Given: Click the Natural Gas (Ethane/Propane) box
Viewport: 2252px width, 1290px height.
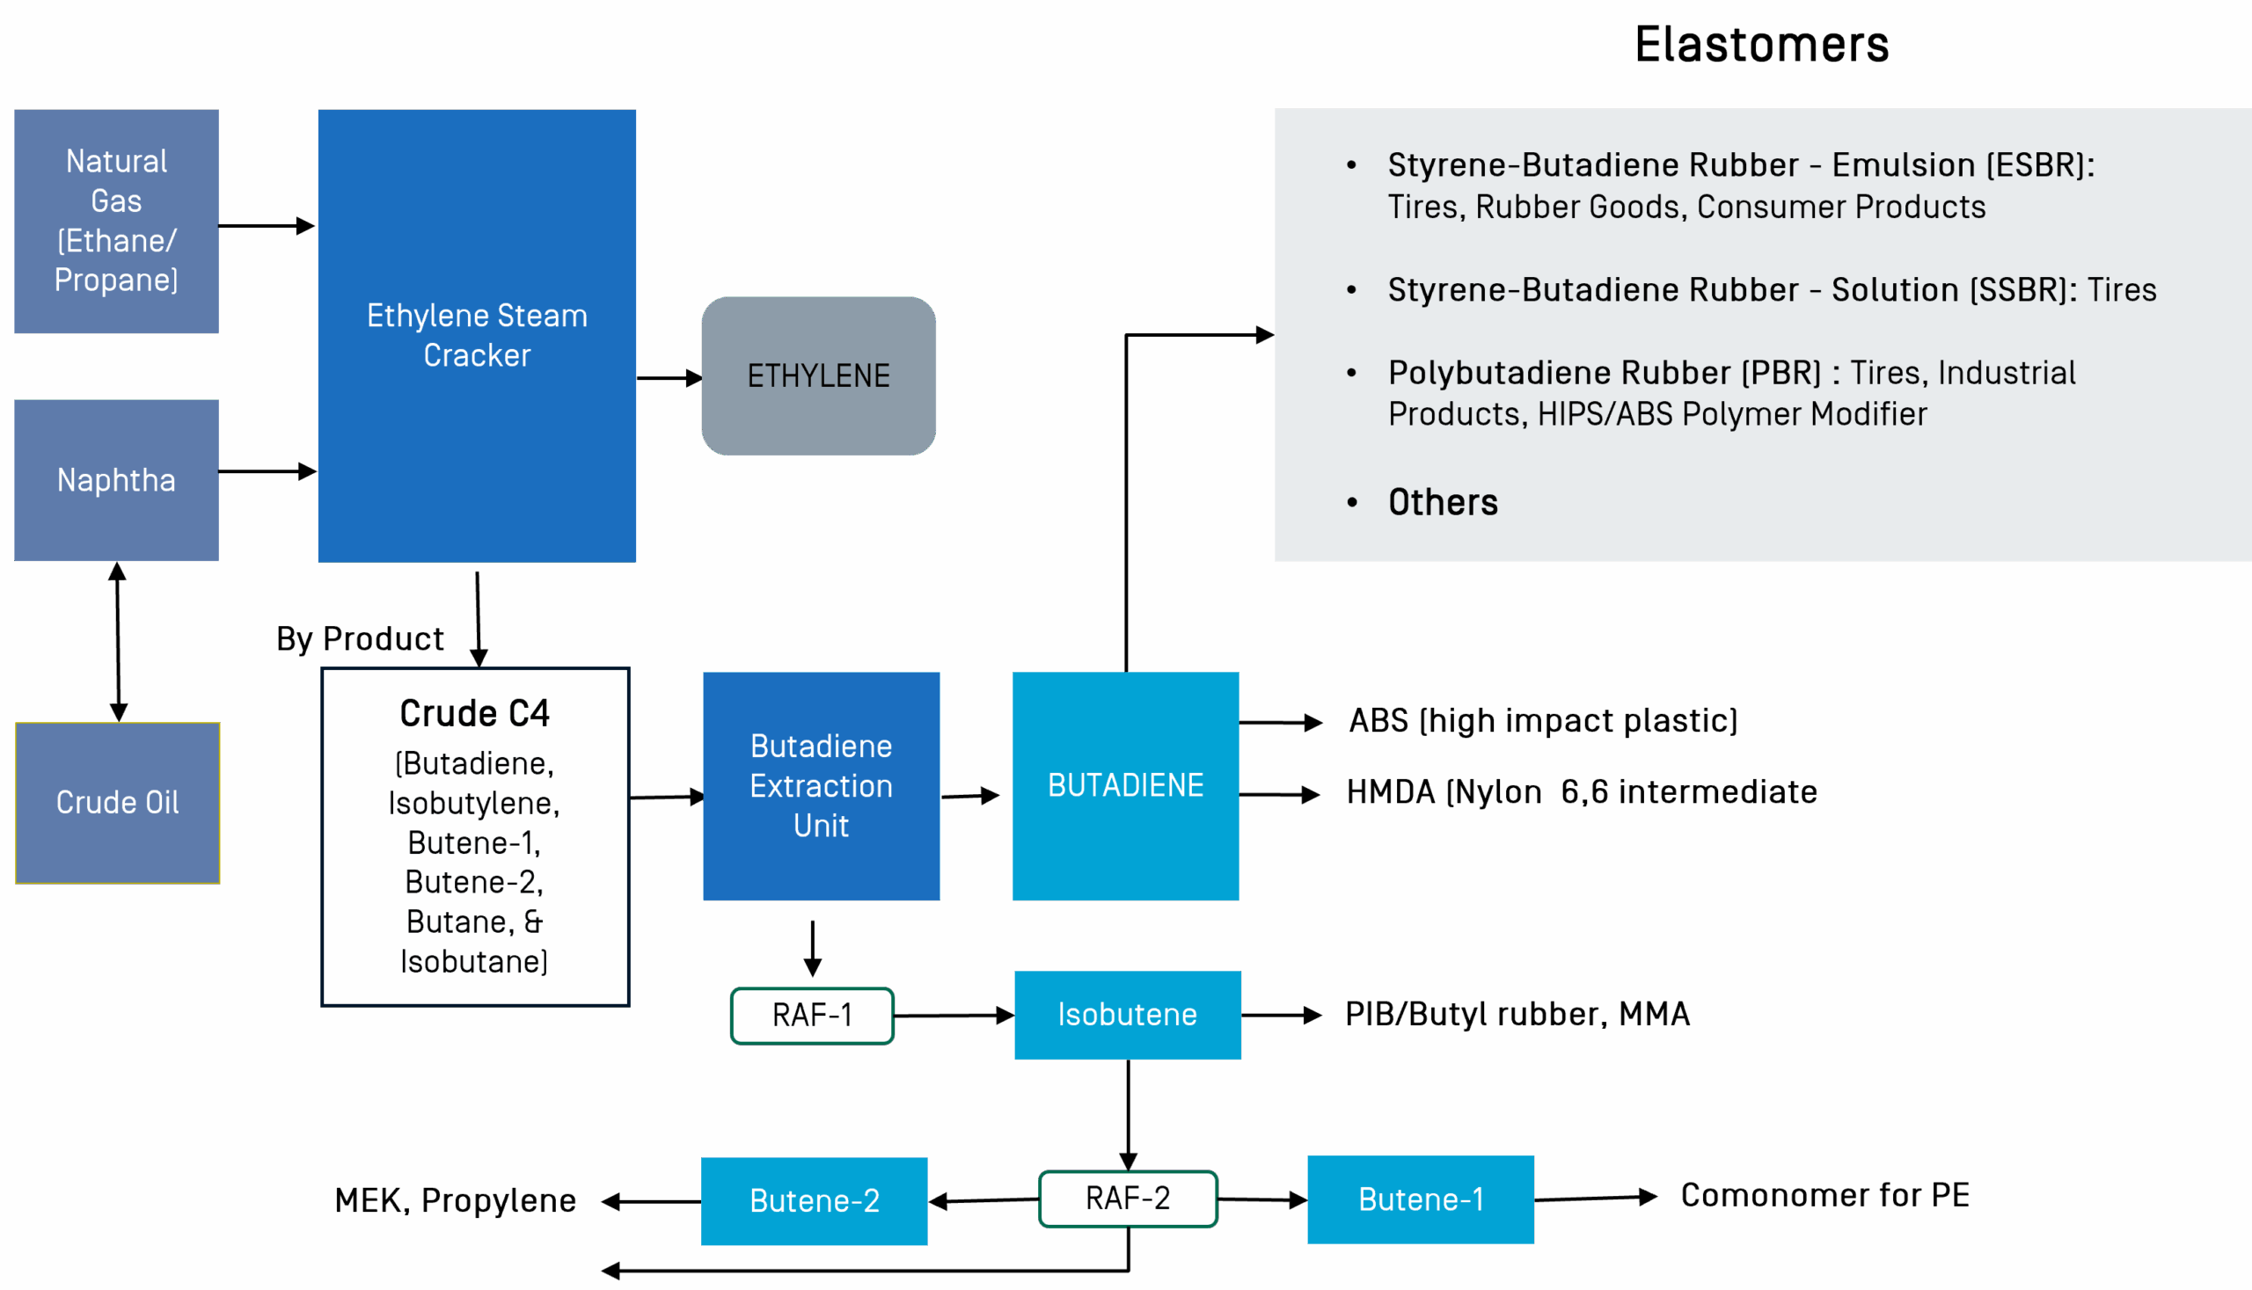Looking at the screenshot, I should pyautogui.click(x=116, y=221).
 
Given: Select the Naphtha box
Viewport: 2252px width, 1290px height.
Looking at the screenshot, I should pyautogui.click(x=116, y=479).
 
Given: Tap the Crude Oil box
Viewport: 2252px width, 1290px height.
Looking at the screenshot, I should pyautogui.click(x=117, y=802).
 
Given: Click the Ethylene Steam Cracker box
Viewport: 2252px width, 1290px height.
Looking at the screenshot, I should pyautogui.click(x=477, y=335).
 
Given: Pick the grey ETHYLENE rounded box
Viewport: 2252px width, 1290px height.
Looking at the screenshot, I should pyautogui.click(x=818, y=375).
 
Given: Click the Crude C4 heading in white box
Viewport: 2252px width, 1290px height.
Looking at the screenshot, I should pyautogui.click(x=474, y=713).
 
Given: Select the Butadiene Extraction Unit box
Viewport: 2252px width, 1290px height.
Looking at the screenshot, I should pyautogui.click(x=821, y=785).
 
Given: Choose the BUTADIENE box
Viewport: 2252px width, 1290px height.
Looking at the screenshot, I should pyautogui.click(x=1124, y=785).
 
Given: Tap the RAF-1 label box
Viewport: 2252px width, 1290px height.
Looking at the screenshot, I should pyautogui.click(x=812, y=1015).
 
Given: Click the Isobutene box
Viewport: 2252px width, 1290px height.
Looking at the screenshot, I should pyautogui.click(x=1127, y=1015).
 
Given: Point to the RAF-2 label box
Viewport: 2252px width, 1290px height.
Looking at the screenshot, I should pyautogui.click(x=1128, y=1198).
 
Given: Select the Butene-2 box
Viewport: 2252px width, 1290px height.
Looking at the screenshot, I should pyautogui.click(x=814, y=1200).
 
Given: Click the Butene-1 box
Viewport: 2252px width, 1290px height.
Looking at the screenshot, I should pyautogui.click(x=1420, y=1199).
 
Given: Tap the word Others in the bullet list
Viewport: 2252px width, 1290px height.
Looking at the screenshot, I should pyautogui.click(x=1443, y=502).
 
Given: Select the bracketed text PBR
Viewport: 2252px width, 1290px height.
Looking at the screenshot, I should pyautogui.click(x=1781, y=373).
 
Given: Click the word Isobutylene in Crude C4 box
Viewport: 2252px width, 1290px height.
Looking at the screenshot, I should pyautogui.click(x=474, y=803).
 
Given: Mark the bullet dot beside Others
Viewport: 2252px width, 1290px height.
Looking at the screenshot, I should pyautogui.click(x=1351, y=502).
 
